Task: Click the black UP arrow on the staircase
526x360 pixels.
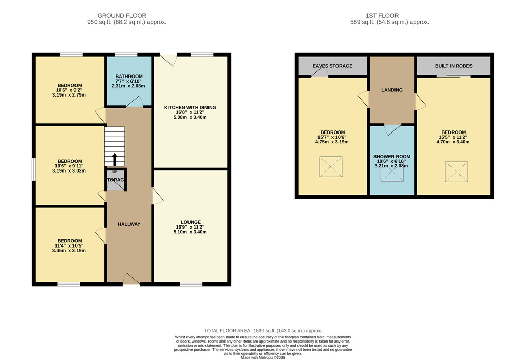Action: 115,160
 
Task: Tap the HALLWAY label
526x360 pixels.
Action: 129,224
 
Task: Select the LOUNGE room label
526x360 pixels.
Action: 191,222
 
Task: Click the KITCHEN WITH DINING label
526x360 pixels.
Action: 190,108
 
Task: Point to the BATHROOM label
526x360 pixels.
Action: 129,77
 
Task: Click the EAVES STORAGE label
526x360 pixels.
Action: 332,66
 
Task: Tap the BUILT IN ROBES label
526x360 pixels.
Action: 454,66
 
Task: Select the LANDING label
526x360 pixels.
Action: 392,90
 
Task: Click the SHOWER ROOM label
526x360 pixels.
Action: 392,156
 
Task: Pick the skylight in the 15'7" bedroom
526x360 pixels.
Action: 331,166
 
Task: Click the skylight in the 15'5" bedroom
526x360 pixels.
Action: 457,172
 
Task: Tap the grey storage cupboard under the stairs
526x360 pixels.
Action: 116,180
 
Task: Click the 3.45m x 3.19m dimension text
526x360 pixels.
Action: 69,250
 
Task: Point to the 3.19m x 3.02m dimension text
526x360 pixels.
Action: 69,170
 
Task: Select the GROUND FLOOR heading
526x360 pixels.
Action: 122,16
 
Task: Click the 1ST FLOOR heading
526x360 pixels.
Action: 382,16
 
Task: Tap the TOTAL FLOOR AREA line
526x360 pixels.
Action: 263,331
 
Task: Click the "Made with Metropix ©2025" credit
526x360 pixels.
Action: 263,357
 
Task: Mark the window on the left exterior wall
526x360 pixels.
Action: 34,169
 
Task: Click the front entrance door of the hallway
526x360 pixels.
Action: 131,279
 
